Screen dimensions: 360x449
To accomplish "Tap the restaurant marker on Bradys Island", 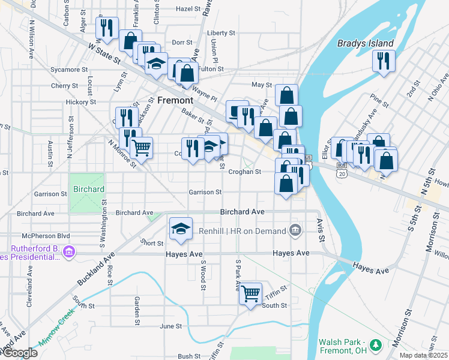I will (x=383, y=61).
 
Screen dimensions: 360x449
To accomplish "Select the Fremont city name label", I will (x=175, y=101).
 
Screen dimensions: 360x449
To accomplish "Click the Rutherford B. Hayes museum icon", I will (x=69, y=251).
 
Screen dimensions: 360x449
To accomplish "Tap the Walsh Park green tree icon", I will (x=376, y=345).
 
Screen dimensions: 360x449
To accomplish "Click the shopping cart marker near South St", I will (x=251, y=294).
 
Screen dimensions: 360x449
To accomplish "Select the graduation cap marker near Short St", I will (x=181, y=229).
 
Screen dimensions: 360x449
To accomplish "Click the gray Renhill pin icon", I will (x=295, y=229).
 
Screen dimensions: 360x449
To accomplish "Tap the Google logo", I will (x=19, y=353).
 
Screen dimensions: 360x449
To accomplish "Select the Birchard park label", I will (x=89, y=189).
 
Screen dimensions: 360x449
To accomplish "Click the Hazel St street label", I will (x=188, y=9).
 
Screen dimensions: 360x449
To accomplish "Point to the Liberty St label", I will (x=220, y=33).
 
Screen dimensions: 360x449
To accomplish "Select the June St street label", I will (x=170, y=326).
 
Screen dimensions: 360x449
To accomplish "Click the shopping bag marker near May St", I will (x=287, y=94).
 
